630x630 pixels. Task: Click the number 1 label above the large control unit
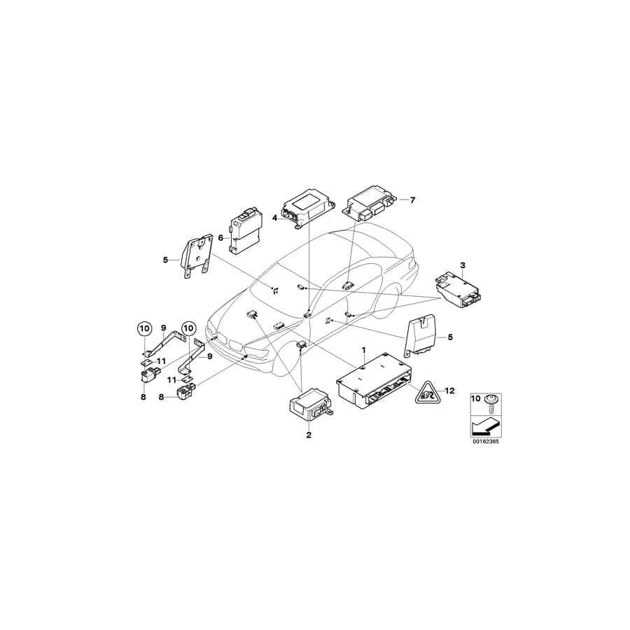[x=363, y=349]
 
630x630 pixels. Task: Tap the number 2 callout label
[x=308, y=435]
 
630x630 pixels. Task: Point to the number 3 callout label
[x=462, y=265]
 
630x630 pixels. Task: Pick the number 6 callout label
[x=220, y=237]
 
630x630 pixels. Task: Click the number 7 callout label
[x=412, y=200]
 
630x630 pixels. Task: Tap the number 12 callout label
[x=450, y=391]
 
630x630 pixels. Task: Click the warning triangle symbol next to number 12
[x=426, y=395]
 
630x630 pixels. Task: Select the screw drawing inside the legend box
[x=490, y=401]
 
